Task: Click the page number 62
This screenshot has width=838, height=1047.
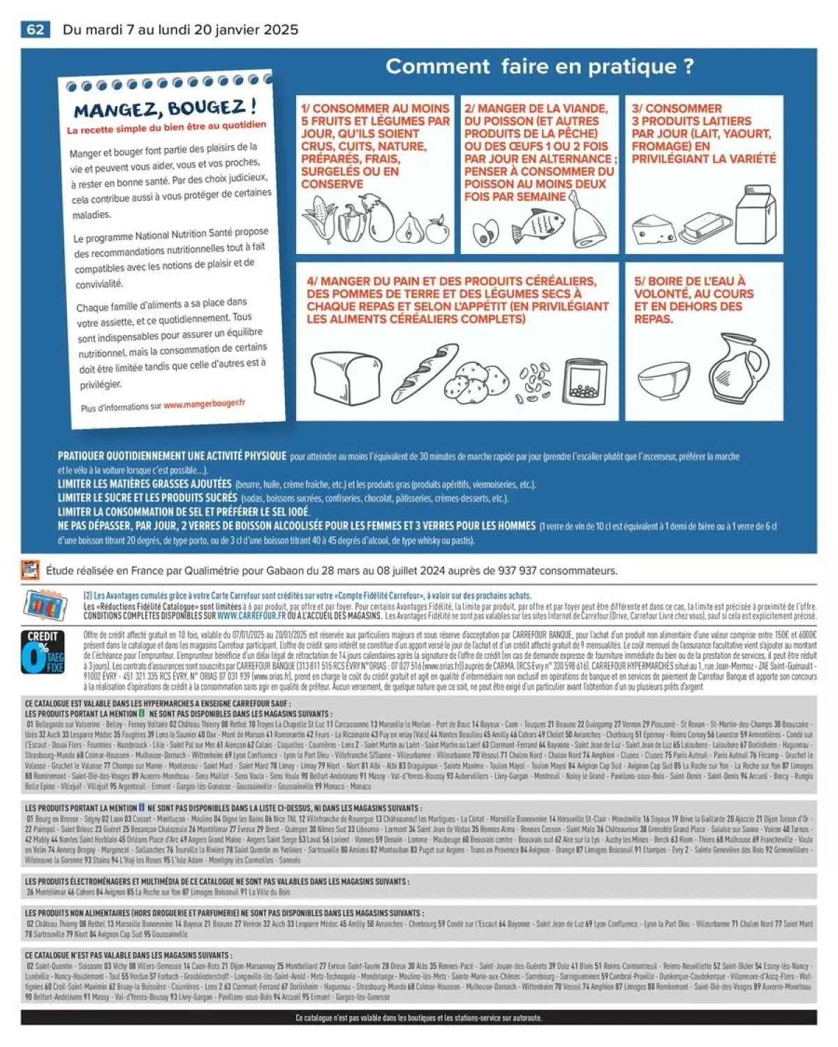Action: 35,29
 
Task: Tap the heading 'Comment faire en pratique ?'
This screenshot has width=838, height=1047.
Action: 540,66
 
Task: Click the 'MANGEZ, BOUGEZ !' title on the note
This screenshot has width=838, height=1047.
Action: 166,109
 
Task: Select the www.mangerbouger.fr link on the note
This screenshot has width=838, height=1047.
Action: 204,403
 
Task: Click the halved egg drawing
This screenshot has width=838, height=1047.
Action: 485,233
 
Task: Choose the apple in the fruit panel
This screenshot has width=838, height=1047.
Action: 437,230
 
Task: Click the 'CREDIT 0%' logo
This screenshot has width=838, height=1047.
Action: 43,652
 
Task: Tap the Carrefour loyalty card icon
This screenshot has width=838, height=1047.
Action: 45,604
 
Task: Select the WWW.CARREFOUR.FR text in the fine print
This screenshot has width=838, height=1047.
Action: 251,616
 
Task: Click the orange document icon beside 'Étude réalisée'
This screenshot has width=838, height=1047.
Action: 30,570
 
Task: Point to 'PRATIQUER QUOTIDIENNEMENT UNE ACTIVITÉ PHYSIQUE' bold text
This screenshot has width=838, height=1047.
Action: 172,456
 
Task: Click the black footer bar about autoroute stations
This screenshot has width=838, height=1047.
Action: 418,1018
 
